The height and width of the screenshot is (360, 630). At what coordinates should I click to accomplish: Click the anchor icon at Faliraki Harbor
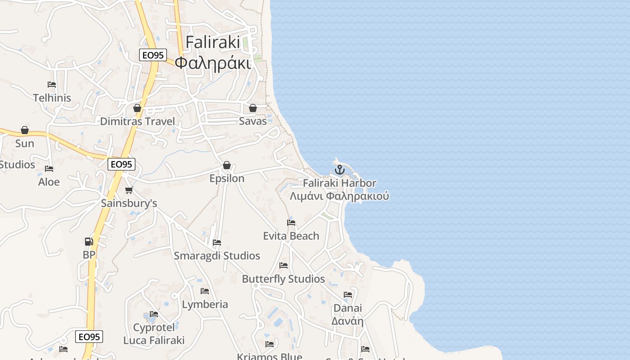pyautogui.click(x=340, y=170)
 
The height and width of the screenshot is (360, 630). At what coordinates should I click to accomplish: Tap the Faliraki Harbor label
pyautogui.click(x=339, y=183)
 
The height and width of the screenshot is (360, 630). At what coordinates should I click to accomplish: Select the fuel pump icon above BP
pyautogui.click(x=89, y=242)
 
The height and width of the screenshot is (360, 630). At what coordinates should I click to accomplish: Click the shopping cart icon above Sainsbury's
pyautogui.click(x=129, y=190)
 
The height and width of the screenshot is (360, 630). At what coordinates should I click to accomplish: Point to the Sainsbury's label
pyautogui.click(x=129, y=203)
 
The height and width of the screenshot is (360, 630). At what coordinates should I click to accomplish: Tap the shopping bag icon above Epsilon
pyautogui.click(x=227, y=165)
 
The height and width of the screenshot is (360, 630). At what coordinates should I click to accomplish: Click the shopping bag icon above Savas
pyautogui.click(x=253, y=108)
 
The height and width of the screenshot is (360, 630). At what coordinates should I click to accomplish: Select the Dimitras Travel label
pyautogui.click(x=137, y=121)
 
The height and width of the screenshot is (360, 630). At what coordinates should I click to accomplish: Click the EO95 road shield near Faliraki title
pyautogui.click(x=153, y=55)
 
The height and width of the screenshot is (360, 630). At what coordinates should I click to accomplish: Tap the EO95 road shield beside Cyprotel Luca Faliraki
pyautogui.click(x=89, y=337)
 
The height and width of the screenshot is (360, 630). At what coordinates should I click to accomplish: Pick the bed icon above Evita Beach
pyautogui.click(x=291, y=222)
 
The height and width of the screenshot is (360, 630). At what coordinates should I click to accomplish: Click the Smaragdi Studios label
pyautogui.click(x=217, y=256)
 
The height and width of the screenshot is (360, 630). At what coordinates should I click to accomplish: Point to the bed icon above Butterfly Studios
pyautogui.click(x=283, y=265)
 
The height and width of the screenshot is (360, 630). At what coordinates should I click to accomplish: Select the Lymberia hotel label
pyautogui.click(x=205, y=304)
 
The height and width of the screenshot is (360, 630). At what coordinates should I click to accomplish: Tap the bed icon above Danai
pyautogui.click(x=348, y=295)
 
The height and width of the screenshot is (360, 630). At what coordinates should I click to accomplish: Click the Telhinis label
pyautogui.click(x=52, y=98)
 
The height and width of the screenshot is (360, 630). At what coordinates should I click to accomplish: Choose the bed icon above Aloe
pyautogui.click(x=49, y=169)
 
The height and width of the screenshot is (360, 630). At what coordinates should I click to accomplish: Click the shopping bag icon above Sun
pyautogui.click(x=25, y=130)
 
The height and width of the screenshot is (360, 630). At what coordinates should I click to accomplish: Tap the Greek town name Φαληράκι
pyautogui.click(x=212, y=63)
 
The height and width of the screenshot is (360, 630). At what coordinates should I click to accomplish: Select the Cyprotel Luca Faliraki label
pyautogui.click(x=154, y=333)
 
